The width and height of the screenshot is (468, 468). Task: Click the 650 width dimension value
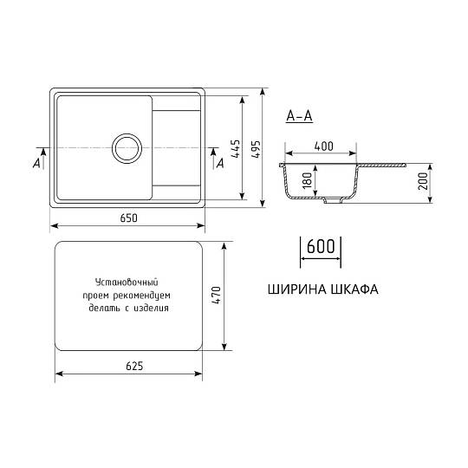click(128, 218)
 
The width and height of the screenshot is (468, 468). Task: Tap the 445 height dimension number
click(235, 149)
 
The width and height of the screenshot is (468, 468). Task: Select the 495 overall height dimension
click(256, 149)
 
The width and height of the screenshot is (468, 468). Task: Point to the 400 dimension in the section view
click(324, 146)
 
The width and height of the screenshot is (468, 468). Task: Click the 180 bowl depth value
click(307, 180)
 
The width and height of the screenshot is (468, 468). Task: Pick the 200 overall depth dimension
click(423, 181)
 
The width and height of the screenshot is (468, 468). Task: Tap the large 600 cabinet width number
click(321, 246)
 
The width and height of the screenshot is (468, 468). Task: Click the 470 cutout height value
click(216, 296)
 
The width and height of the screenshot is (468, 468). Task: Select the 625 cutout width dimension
click(134, 366)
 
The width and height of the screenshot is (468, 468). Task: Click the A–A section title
click(299, 116)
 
